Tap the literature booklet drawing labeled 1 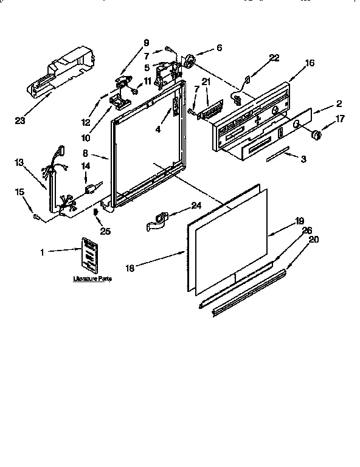tap(89, 256)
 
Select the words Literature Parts tap(92, 278)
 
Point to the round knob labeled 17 tap(316, 135)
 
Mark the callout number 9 tap(146, 42)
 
